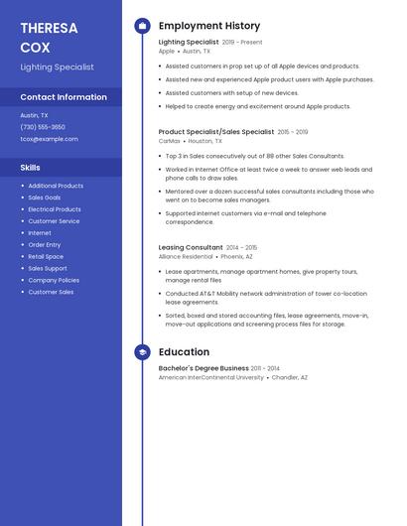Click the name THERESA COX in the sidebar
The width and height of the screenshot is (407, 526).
(x=49, y=37)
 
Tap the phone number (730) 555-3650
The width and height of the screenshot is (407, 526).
(x=43, y=127)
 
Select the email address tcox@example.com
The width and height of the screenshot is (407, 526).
(x=49, y=139)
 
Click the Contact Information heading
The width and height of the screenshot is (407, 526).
(x=64, y=97)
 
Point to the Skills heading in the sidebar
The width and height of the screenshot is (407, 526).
(x=31, y=168)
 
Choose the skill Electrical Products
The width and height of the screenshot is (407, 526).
(x=55, y=209)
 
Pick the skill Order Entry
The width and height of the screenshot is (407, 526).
(x=45, y=244)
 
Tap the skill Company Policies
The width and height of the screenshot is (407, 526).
(x=54, y=280)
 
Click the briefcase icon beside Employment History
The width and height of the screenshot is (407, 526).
(x=142, y=26)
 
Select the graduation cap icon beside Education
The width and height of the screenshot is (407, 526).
(x=142, y=352)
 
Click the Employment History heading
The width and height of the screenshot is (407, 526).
(x=209, y=26)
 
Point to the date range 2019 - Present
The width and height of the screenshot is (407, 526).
(x=242, y=43)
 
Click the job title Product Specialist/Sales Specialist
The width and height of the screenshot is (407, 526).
(x=216, y=131)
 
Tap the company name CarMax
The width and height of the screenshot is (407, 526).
(x=170, y=141)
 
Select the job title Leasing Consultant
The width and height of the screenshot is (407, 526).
(x=191, y=247)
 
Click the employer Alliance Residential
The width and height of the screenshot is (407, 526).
(x=186, y=257)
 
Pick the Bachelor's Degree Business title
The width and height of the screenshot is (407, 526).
(x=203, y=368)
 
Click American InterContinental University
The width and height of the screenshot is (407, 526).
(x=211, y=378)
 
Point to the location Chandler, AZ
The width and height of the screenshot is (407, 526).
(x=290, y=378)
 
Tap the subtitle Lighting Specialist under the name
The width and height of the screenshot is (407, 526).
(x=58, y=67)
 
